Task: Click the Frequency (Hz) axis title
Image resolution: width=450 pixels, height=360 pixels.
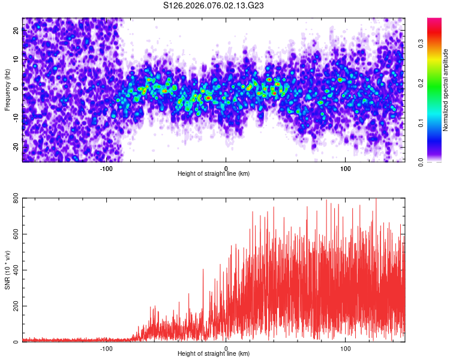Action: pos(7,89)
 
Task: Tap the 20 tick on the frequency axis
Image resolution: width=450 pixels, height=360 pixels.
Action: pos(16,31)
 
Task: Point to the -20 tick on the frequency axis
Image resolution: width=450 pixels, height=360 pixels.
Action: pos(16,146)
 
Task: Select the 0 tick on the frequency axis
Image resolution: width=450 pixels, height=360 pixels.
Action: pos(16,89)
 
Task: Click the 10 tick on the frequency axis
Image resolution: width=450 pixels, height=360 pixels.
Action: pos(16,59)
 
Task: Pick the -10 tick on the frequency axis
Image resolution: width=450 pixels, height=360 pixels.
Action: pos(16,118)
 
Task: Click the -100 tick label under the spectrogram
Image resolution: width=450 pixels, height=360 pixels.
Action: pos(106,168)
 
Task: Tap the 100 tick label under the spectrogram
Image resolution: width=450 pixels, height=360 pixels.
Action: pos(345,168)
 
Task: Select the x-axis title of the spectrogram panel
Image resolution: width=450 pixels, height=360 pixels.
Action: pos(214,174)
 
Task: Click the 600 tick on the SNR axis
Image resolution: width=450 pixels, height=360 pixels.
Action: pos(15,234)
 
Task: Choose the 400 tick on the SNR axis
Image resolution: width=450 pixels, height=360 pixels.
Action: pos(15,270)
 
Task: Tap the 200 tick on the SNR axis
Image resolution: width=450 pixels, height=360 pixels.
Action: pos(15,306)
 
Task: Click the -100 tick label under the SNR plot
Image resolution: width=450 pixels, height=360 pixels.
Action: pos(106,348)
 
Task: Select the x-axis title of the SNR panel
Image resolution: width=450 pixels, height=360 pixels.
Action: pos(214,354)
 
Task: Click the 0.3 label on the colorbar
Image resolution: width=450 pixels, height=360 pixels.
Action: pos(421,43)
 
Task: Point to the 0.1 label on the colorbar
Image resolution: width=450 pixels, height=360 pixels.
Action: pos(421,124)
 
